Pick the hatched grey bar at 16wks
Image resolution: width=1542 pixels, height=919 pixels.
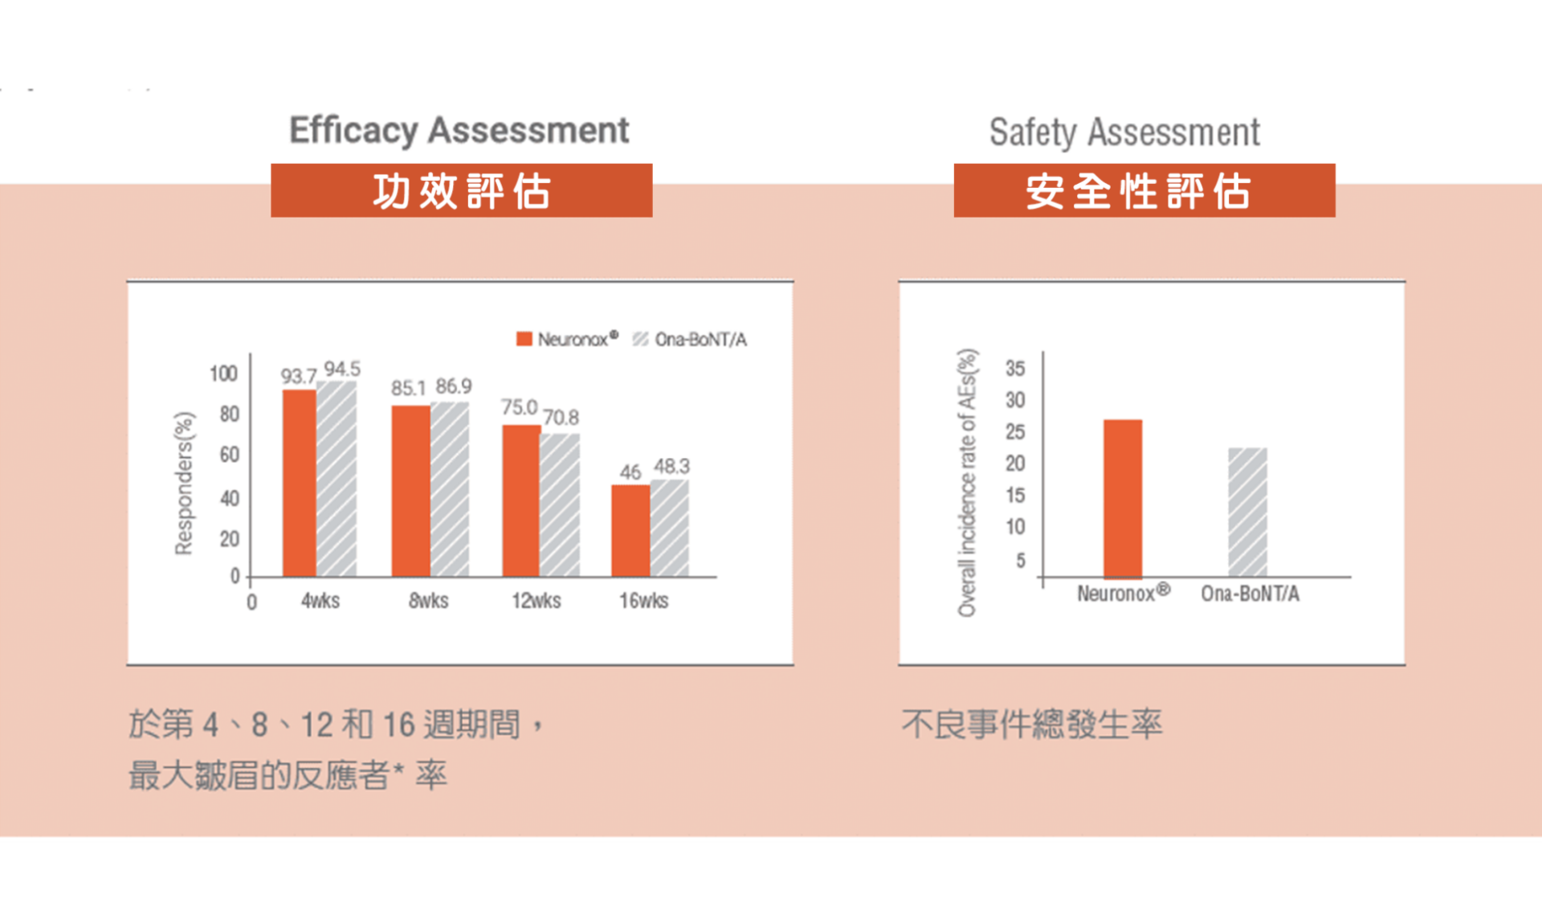click(x=669, y=528)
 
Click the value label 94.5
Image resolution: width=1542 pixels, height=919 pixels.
click(x=342, y=369)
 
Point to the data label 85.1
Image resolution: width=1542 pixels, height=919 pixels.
click(x=408, y=388)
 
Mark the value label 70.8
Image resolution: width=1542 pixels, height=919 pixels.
click(x=561, y=417)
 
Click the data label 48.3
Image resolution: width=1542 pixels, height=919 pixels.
click(x=671, y=466)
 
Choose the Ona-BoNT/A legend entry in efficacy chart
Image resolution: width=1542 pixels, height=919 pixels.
click(x=691, y=339)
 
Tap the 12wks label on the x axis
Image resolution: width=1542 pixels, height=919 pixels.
click(x=536, y=600)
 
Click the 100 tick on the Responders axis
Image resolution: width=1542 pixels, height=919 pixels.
click(x=223, y=374)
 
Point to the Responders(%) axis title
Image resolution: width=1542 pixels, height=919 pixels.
click(x=184, y=483)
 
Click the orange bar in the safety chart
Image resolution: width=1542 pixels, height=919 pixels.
click(x=1122, y=498)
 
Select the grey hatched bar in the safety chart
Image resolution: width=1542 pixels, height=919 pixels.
click(x=1247, y=512)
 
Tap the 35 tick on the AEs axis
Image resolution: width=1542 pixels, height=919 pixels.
click(x=1015, y=369)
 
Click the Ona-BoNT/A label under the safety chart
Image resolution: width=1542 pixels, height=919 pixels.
click(x=1250, y=594)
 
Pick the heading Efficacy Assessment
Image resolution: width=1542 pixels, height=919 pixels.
click(x=459, y=130)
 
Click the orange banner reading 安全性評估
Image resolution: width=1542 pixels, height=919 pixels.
click(x=1144, y=191)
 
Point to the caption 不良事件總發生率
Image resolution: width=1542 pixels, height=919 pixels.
click(x=1031, y=725)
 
